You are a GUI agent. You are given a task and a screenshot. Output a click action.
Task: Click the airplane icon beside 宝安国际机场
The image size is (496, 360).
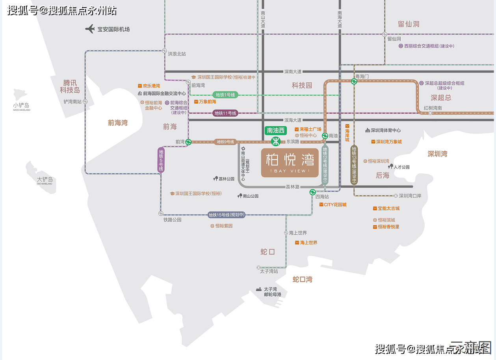pos(90,29)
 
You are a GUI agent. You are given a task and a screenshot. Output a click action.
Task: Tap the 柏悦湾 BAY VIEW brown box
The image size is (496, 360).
pos(290,162)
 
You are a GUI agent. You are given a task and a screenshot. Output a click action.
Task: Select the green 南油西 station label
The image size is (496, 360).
pos(276,130)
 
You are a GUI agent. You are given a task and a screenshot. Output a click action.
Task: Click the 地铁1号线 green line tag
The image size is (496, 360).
pos(225,95)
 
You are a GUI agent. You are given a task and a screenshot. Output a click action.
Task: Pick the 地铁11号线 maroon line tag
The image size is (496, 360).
pos(225,113)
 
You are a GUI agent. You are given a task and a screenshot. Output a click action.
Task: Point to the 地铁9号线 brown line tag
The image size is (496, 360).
pos(225,142)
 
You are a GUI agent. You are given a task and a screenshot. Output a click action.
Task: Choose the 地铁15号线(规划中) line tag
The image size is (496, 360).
pos(227,215)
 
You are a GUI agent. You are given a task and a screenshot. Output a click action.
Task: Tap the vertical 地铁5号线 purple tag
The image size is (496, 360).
pos(161,160)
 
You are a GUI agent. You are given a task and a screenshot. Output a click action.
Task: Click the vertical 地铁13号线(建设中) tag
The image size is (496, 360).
pos(354,165)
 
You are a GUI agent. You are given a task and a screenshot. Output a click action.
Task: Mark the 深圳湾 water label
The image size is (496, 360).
pos(437,154)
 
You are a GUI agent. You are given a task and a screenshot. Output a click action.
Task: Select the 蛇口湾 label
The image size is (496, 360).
pos(302,279)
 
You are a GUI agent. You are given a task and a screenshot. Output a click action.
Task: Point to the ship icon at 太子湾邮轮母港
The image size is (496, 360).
pos(259,289)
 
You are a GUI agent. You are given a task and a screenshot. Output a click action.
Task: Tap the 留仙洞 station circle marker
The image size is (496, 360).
pos(385,34)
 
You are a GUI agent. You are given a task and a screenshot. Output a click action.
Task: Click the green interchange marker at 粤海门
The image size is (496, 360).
pos(354,82)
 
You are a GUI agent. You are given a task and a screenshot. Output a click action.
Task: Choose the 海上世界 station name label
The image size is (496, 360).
pos(298,233)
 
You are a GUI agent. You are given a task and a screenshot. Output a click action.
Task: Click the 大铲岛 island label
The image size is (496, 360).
pos(45,180)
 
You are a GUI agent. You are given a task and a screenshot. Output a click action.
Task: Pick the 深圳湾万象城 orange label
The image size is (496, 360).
pos(389,141)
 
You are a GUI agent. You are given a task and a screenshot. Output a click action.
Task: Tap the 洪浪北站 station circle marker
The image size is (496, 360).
pos(164,51)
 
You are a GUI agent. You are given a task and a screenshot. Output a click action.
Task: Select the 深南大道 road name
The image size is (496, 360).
pos(293,72)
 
